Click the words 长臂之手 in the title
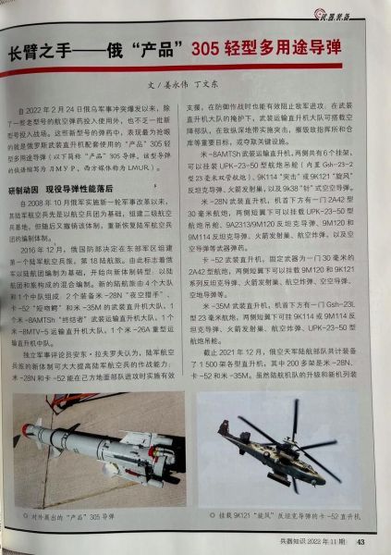click(42, 48)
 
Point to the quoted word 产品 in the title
click(162, 48)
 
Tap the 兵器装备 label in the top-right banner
click(355, 12)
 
